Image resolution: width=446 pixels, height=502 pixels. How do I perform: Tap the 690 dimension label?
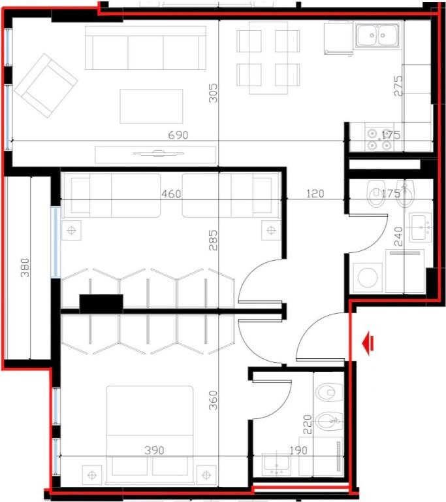pos(178,135)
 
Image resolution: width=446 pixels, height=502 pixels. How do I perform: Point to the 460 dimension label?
pos(171,193)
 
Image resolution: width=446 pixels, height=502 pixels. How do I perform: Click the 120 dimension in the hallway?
pos(315,193)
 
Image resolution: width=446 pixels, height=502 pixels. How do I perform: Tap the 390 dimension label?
pos(154,450)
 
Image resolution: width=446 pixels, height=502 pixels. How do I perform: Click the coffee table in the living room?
pos(151,107)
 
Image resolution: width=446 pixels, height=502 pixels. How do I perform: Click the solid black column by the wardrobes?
pos(101,302)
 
